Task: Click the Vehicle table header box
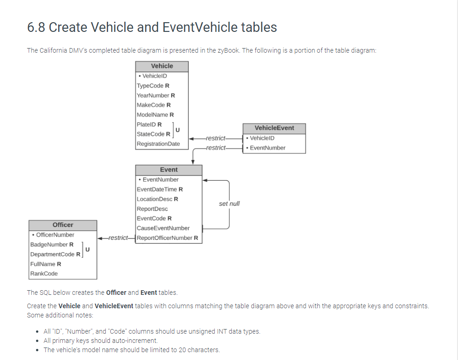click(x=162, y=66)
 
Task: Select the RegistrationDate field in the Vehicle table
click(x=158, y=144)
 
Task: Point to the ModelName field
click(x=155, y=115)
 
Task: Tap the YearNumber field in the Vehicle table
click(x=156, y=95)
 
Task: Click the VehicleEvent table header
click(x=274, y=128)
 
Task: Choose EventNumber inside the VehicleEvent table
click(x=267, y=148)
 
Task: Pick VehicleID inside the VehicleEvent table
click(x=262, y=138)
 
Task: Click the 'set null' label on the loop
click(x=229, y=204)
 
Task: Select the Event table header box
click(x=169, y=170)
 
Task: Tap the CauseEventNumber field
click(x=163, y=228)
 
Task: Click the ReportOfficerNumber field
click(x=167, y=238)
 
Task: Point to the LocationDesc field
click(x=157, y=199)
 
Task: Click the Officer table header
click(x=63, y=225)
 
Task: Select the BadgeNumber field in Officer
click(x=52, y=244)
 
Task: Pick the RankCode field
click(x=44, y=274)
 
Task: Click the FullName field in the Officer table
click(x=46, y=264)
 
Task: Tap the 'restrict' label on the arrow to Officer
click(x=118, y=238)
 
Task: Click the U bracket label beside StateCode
click(x=177, y=129)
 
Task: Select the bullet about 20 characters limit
click(x=132, y=349)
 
